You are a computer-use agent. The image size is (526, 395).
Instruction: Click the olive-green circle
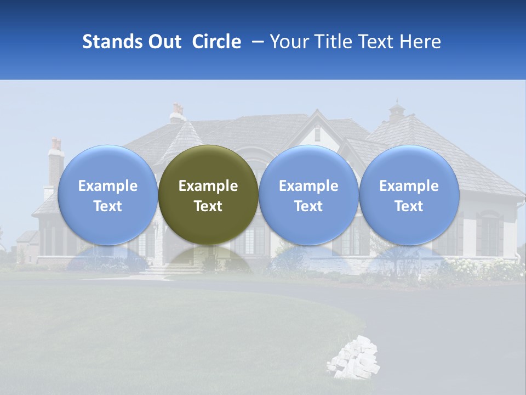208,195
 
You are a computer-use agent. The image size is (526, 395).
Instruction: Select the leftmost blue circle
107,195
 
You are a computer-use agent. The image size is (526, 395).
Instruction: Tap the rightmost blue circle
409,195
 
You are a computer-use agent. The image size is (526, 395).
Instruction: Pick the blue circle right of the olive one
308,195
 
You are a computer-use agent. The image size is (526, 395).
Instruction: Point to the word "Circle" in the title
216,42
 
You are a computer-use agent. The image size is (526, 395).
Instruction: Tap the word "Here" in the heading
421,42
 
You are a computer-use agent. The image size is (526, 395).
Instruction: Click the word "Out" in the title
165,42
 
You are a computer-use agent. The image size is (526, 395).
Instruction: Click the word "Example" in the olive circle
208,186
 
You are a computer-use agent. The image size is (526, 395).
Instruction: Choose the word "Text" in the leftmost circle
107,206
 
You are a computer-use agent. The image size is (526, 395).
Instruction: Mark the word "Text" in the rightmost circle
409,206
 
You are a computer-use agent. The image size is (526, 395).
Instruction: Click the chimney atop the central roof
177,112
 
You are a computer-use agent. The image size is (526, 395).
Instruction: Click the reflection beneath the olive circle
208,258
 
